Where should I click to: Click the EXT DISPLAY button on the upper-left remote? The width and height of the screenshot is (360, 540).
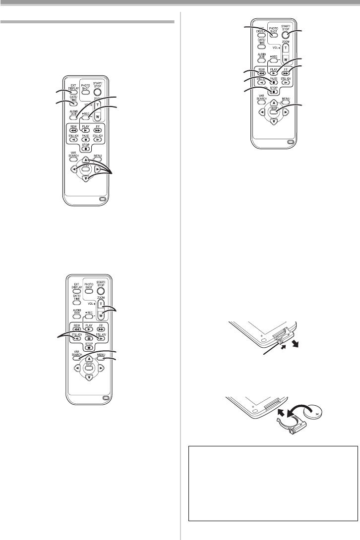[x=73, y=93]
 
